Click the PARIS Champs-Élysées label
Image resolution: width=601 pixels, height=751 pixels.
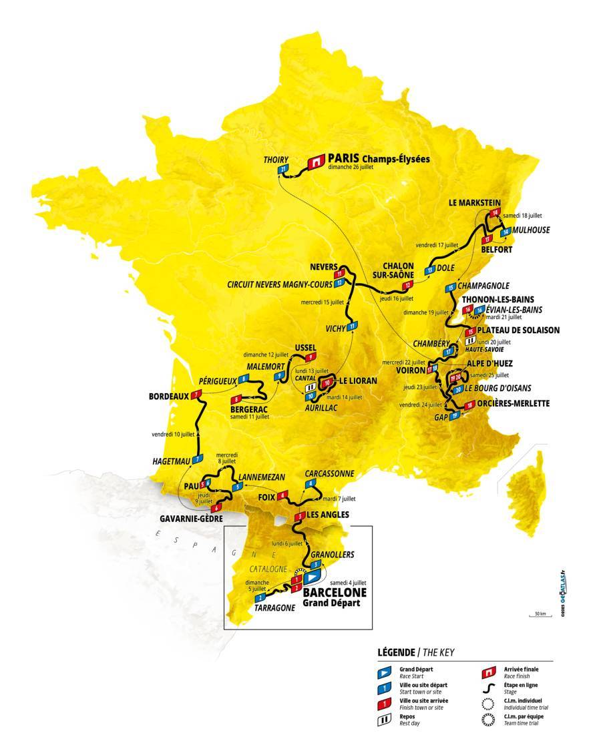click(x=377, y=159)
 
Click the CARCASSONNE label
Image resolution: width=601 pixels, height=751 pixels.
click(x=329, y=473)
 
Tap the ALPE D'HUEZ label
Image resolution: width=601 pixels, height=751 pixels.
click(x=495, y=364)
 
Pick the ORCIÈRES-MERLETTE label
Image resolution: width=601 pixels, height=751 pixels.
click(x=512, y=404)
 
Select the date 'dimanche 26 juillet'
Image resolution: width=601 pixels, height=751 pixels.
click(x=353, y=168)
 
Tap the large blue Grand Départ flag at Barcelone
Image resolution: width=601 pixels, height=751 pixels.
click(x=313, y=575)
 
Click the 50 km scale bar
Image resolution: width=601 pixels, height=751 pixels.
click(x=539, y=617)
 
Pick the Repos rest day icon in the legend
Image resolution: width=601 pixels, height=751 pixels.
click(x=384, y=720)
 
